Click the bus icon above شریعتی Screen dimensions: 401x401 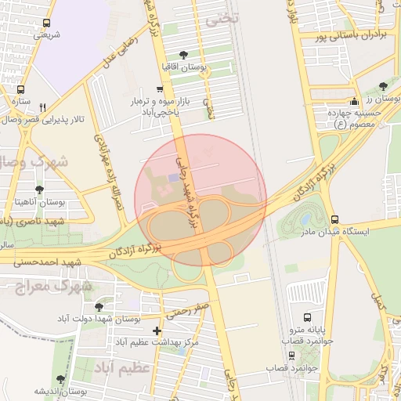click(47, 23)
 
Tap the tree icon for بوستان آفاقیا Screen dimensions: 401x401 click(183, 54)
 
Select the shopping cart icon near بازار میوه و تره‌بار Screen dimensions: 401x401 click(160, 89)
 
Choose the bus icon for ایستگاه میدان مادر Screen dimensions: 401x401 click(335, 219)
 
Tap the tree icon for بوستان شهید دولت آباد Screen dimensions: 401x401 click(98, 307)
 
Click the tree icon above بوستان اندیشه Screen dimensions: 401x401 click(61, 380)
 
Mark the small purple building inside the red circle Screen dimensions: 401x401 click(172, 177)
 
